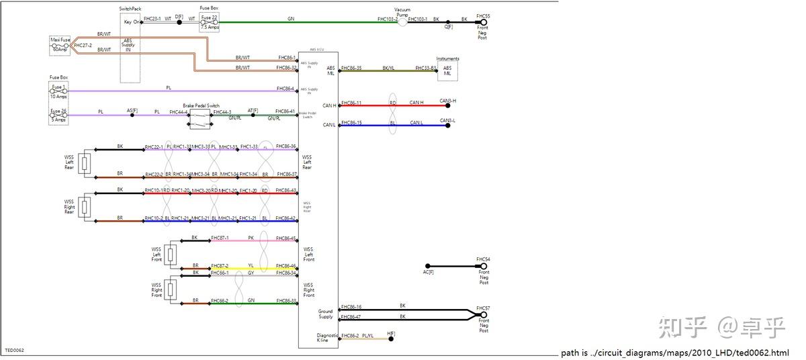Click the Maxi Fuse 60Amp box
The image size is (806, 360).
click(x=60, y=45)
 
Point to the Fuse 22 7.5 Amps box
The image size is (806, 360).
click(x=209, y=23)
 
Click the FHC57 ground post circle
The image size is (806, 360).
click(x=483, y=315)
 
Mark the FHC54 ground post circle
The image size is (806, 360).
click(x=483, y=266)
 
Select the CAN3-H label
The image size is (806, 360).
click(x=447, y=101)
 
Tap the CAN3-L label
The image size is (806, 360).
click(x=447, y=121)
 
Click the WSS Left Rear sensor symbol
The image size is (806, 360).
click(x=85, y=163)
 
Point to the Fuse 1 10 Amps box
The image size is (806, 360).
click(x=59, y=91)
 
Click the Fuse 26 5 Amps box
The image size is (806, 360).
click(x=59, y=116)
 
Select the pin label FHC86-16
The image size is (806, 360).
click(x=351, y=307)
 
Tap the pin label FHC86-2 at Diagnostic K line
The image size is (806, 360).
click(x=349, y=335)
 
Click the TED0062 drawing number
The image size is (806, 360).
click(x=14, y=350)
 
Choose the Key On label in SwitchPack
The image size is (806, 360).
click(x=131, y=22)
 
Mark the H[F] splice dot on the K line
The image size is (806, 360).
click(x=391, y=339)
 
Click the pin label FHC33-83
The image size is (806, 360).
click(x=425, y=68)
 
